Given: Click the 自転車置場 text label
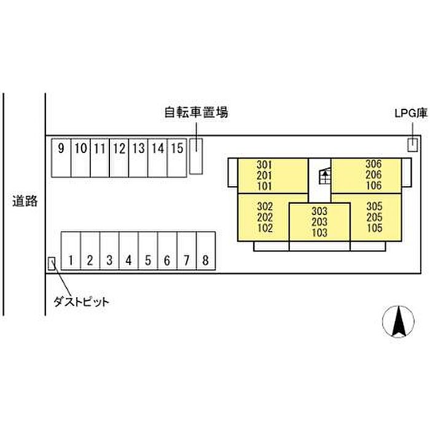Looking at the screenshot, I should pos(196,112).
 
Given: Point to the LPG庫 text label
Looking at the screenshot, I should pos(410,113).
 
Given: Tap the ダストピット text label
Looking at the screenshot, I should pos(80,302).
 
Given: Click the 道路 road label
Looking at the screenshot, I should pos(25,201).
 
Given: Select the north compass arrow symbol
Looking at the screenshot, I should pos(399,321).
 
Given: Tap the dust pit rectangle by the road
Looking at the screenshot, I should pos(52,263).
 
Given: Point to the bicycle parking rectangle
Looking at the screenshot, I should pos(195,156).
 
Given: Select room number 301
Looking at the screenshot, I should pos(265,165).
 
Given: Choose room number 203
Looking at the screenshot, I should pos(319,222).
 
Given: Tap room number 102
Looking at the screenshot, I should pos(265,228).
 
